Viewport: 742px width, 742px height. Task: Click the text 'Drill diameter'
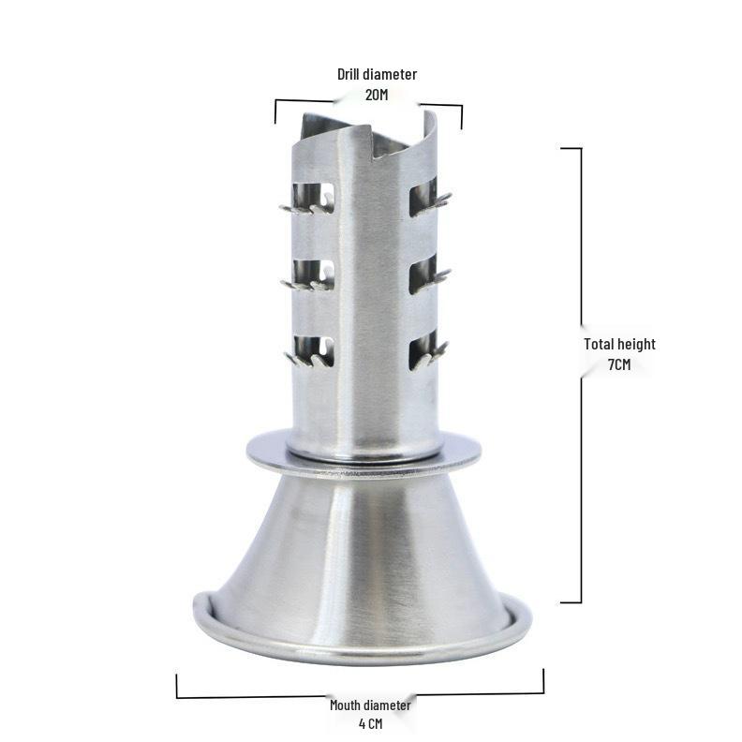tap(377, 74)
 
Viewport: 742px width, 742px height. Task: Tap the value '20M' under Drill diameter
tap(377, 95)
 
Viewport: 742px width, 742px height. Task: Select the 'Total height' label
tap(619, 344)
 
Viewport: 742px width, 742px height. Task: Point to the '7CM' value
tap(619, 364)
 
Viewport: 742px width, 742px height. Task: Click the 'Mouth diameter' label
tap(370, 705)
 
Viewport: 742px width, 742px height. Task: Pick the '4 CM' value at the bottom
tap(370, 724)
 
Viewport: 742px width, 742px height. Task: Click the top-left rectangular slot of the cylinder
tap(313, 196)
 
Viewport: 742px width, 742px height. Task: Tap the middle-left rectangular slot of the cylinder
tap(313, 274)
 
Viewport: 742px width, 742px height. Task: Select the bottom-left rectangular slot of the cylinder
tap(313, 350)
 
